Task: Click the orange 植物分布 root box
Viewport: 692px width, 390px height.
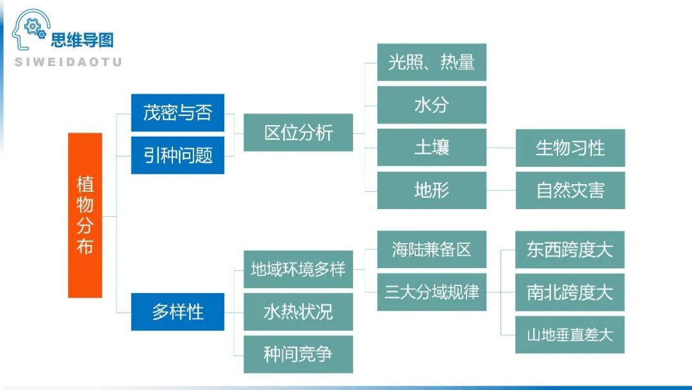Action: pos(85,216)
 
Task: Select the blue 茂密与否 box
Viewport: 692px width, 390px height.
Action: pos(177,113)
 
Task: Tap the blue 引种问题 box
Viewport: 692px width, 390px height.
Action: pos(177,155)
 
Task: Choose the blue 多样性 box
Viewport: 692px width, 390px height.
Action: pos(177,312)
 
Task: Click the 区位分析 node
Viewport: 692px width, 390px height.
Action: pos(298,133)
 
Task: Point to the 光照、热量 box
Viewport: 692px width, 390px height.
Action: pos(431,62)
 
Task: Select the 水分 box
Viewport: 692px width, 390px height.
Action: pos(431,105)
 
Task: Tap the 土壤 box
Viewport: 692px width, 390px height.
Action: pos(431,148)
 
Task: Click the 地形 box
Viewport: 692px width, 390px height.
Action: pos(431,190)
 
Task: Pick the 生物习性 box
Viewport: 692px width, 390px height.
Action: pos(570,148)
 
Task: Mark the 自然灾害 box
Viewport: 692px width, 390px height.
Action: pos(570,190)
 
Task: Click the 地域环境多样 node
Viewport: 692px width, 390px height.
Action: pos(298,269)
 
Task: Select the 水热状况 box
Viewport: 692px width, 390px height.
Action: pos(298,312)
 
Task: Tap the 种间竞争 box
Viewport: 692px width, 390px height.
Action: pos(298,354)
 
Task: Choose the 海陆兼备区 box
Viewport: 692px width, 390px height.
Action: pos(431,250)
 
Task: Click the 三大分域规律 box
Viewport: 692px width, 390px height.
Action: pos(431,292)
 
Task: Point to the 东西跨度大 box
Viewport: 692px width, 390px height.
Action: pos(570,250)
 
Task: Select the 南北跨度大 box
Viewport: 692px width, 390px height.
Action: pos(570,292)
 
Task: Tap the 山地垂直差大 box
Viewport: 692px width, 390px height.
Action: pos(570,334)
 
